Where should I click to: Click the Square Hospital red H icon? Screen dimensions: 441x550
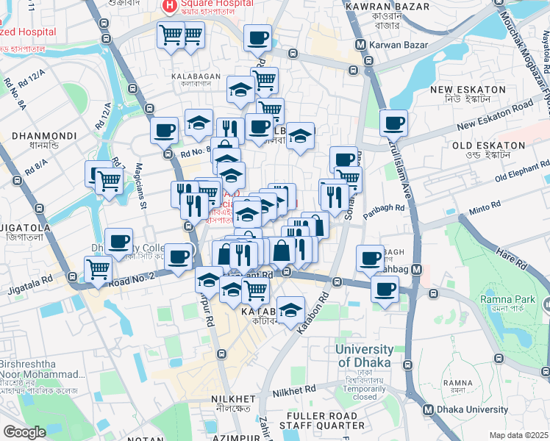tap(170, 6)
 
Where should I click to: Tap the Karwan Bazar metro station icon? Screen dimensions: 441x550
tap(360, 44)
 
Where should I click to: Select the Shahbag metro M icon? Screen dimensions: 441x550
tap(416, 270)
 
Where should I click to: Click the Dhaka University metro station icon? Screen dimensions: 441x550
tap(429, 409)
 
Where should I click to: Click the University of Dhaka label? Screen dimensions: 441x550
tap(365, 355)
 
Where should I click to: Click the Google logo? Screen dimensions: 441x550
tap(24, 432)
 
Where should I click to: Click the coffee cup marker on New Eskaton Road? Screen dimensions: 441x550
tap(393, 123)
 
